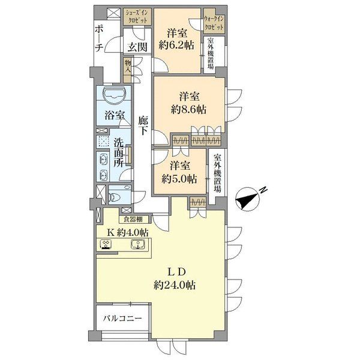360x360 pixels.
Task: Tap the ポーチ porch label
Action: [99, 39]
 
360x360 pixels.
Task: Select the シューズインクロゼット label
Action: [136, 16]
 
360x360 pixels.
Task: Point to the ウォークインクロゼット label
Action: [214, 23]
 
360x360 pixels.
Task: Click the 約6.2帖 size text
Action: [176, 45]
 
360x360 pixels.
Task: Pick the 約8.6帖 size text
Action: [188, 110]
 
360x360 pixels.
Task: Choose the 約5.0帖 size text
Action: [179, 179]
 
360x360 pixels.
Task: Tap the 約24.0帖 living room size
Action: [175, 285]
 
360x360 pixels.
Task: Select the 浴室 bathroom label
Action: [115, 115]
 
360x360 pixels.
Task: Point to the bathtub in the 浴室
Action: [114, 95]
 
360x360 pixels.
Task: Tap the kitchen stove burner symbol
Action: [106, 244]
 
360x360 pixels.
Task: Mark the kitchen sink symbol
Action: [137, 244]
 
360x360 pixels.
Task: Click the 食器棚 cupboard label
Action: [133, 219]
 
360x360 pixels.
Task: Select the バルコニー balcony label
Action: [122, 319]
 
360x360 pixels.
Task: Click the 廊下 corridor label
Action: [143, 125]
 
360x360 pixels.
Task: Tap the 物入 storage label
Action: [127, 67]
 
